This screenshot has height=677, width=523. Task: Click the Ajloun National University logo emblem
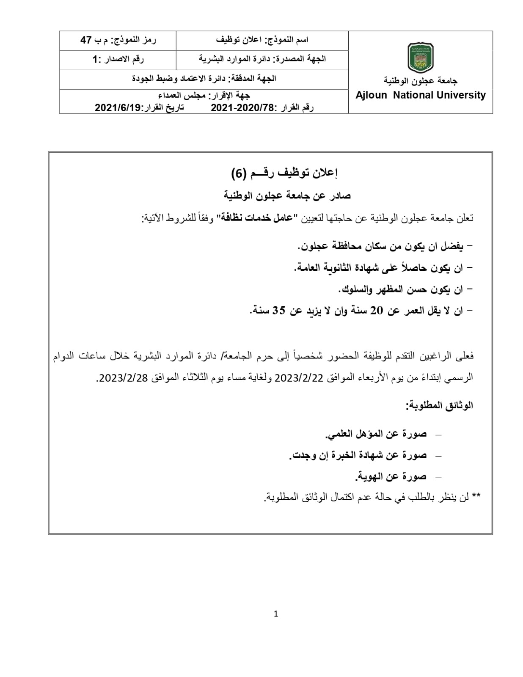click(420, 58)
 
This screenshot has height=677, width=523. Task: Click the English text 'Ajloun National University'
click(420, 95)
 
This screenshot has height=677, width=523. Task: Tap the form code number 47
click(86, 40)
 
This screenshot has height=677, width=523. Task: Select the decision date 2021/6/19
click(117, 107)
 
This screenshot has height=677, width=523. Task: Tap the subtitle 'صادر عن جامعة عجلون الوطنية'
click(287, 195)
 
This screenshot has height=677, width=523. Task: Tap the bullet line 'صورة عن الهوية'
click(390, 477)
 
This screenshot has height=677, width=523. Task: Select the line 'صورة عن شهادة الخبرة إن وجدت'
click(358, 455)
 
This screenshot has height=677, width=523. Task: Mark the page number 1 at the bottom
click(276, 614)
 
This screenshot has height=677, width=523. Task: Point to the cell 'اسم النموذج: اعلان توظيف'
click(262, 40)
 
